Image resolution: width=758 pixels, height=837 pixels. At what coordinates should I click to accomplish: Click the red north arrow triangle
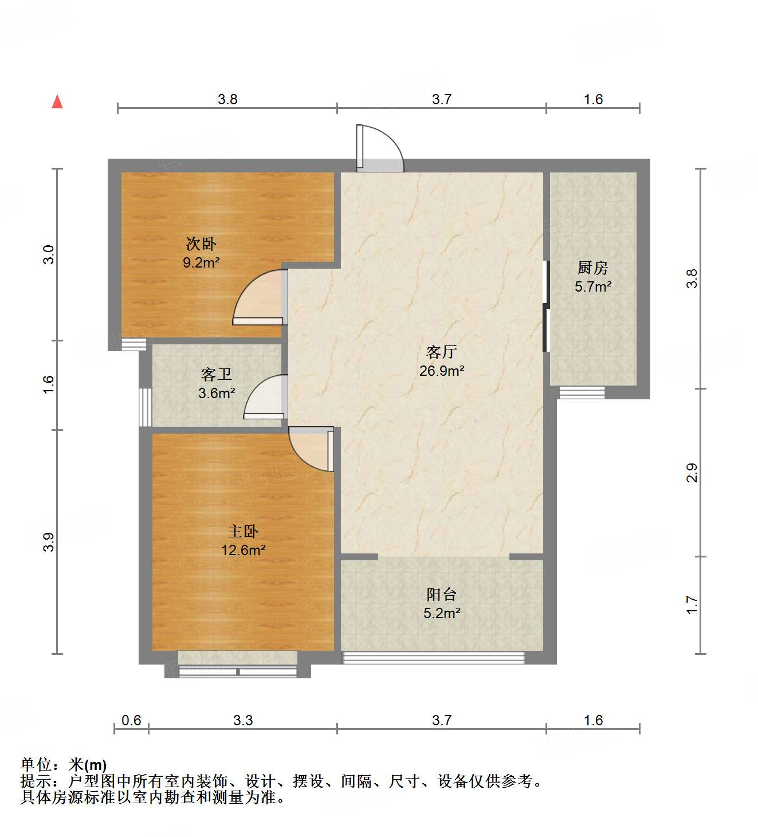(57, 102)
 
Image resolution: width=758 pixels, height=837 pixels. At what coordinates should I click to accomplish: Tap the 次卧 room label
(201, 243)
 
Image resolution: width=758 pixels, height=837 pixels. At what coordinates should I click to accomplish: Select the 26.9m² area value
(442, 371)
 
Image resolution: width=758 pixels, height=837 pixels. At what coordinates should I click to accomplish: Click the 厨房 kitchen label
(593, 268)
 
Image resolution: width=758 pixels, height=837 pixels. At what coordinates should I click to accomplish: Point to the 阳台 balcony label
(442, 595)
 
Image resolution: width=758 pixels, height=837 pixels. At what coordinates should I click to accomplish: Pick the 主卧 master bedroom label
(243, 531)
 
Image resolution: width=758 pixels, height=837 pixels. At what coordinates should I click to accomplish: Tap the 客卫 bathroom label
(216, 374)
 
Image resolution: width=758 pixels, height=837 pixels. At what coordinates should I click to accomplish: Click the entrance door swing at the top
(380, 148)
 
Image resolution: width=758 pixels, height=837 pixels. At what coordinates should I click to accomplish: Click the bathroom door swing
(265, 397)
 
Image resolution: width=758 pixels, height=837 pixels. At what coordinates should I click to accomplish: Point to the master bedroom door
(311, 449)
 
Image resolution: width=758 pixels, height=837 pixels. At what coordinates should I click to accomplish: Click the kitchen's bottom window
(582, 392)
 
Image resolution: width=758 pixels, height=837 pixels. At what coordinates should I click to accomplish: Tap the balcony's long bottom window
(433, 658)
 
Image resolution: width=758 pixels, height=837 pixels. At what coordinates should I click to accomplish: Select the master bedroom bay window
(238, 671)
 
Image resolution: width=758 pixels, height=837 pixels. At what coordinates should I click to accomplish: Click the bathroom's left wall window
(145, 407)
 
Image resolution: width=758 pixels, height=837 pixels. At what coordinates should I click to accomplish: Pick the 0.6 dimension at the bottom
(131, 720)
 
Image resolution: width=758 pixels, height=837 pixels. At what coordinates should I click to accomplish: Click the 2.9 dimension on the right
(692, 473)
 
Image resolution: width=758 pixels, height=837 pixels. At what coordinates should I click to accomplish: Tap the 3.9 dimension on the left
(49, 542)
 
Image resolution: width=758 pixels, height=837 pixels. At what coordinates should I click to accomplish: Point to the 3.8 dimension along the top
(227, 99)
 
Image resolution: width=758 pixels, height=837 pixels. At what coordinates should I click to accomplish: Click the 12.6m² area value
(243, 550)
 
